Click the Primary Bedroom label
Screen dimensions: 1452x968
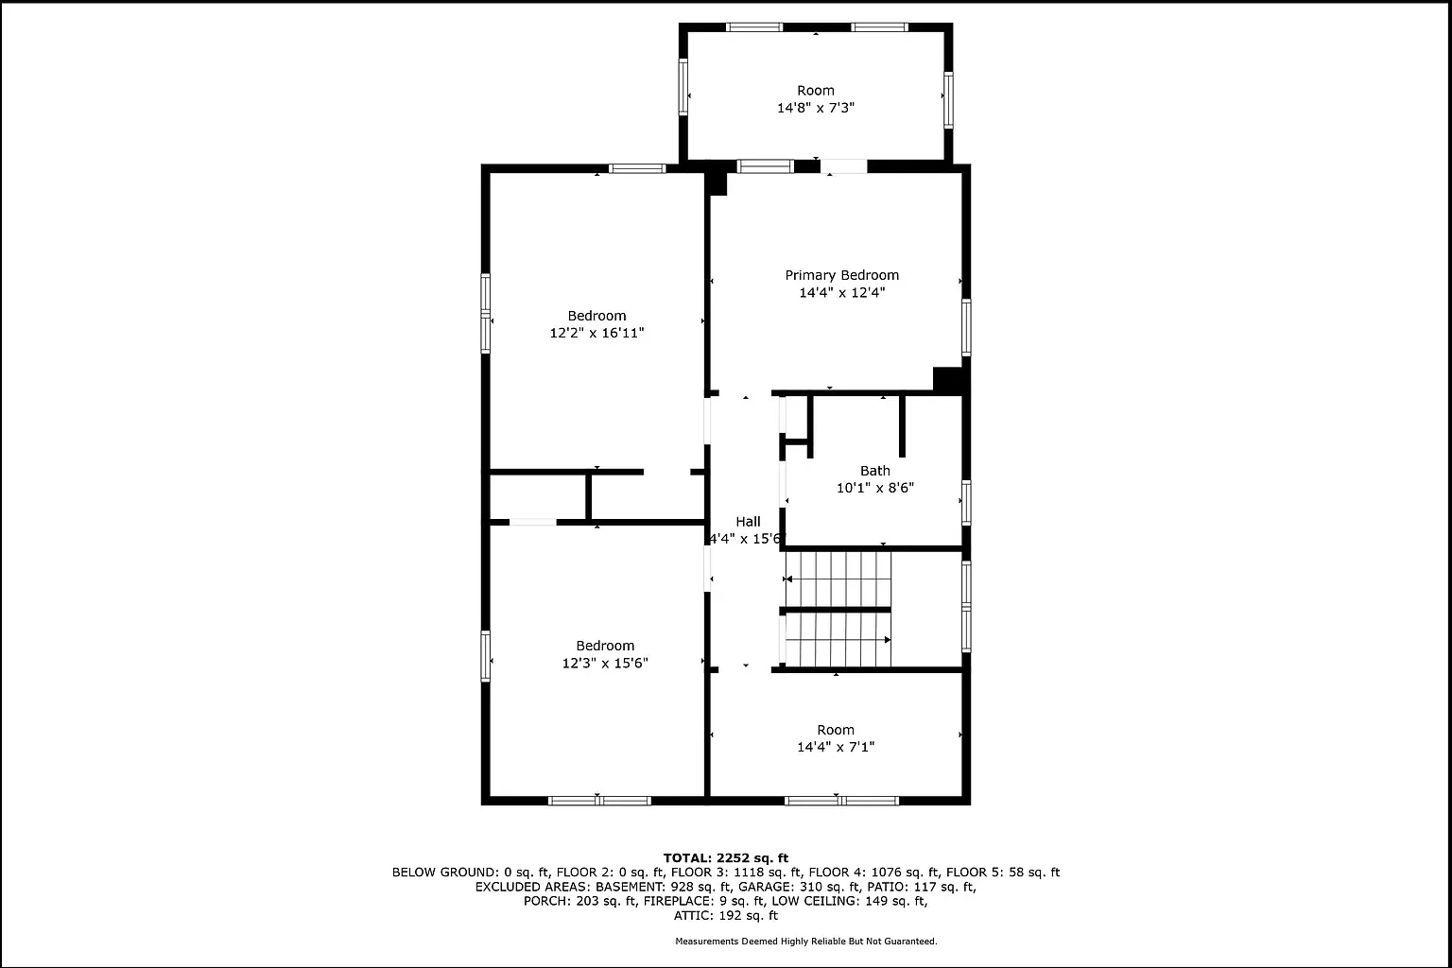click(x=841, y=275)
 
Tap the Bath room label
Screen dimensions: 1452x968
click(x=875, y=471)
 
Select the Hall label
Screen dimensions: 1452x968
click(x=748, y=521)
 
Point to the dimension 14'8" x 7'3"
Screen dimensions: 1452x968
click(x=816, y=108)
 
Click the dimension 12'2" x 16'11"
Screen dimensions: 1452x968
click(x=596, y=333)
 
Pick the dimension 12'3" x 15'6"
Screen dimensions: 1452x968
click(x=605, y=663)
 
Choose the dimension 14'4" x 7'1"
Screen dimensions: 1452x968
click(x=836, y=747)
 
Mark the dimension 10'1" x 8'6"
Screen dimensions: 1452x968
click(x=875, y=488)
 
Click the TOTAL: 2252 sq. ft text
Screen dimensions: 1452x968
click(x=726, y=858)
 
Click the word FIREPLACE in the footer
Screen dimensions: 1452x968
click(x=680, y=901)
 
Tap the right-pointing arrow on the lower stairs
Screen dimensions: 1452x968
click(x=888, y=640)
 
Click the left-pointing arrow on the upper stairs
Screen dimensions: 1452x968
click(x=789, y=579)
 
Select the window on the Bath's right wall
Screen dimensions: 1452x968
click(x=966, y=503)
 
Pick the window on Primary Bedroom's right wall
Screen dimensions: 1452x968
click(x=966, y=327)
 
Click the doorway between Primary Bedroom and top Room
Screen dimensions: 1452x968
click(x=843, y=166)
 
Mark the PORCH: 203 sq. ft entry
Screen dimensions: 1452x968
click(x=580, y=901)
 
